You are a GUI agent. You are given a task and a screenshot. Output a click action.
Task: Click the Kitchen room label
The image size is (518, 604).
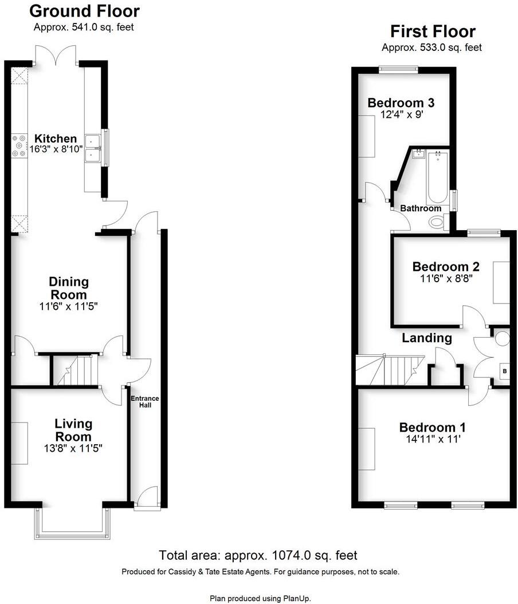pyautogui.click(x=56, y=139)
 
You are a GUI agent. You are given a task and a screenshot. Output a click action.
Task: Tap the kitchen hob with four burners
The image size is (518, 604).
pyautogui.click(x=19, y=145)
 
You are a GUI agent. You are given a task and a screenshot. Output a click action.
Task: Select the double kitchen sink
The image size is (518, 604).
pyautogui.click(x=93, y=148)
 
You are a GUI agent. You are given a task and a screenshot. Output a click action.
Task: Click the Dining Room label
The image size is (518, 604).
pyautogui.click(x=68, y=288)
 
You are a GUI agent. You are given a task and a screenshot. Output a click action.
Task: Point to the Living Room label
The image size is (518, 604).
pyautogui.click(x=73, y=430)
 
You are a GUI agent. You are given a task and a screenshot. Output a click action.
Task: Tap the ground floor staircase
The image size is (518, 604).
pyautogui.click(x=76, y=370)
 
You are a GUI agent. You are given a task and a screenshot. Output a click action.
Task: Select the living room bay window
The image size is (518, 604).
pyautogui.click(x=72, y=523)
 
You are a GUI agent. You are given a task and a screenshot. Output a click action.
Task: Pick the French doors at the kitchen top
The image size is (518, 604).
pyautogui.click(x=56, y=56)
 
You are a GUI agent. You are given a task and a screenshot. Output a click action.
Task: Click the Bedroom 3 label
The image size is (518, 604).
pyautogui.click(x=401, y=103)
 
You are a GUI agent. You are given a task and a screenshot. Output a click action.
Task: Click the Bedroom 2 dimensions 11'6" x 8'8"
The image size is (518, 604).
pyautogui.click(x=446, y=279)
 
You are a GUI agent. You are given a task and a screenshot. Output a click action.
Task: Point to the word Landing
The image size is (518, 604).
pyautogui.click(x=427, y=338)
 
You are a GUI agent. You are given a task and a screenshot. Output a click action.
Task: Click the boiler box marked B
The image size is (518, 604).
pyautogui.click(x=504, y=371)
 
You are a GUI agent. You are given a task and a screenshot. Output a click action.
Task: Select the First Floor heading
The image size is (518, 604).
pyautogui.click(x=433, y=31)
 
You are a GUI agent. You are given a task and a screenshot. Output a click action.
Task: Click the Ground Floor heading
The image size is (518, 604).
pyautogui.click(x=84, y=11)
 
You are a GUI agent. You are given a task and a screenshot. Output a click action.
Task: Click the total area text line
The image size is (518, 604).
pyautogui.click(x=258, y=555)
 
